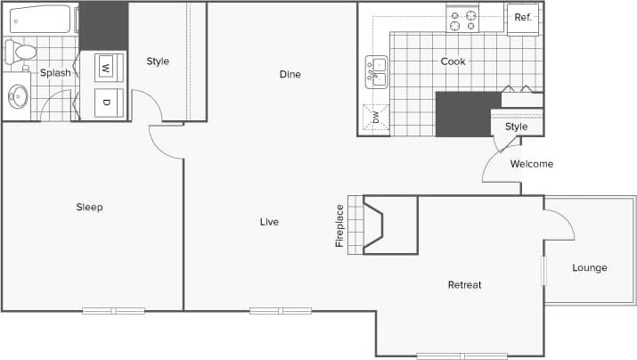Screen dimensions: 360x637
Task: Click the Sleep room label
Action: pos(89,208)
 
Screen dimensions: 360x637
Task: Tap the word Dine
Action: pos(289,74)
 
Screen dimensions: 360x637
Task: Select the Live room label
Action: pos(269,222)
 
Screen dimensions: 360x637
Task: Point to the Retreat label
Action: pos(464,285)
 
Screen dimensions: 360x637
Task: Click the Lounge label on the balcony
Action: pos(590,268)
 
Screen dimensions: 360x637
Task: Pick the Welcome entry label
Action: pos(532,164)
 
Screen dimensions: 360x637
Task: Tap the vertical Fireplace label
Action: pos(339,226)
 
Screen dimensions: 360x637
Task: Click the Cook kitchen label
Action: pos(453,61)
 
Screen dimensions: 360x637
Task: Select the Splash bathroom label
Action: pos(55,73)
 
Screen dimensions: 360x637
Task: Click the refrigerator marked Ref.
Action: pos(523,19)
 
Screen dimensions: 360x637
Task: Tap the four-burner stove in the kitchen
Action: pos(462,19)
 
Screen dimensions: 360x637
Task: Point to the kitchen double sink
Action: pos(376,71)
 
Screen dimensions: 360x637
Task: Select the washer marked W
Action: pos(105,67)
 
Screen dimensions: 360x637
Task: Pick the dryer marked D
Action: pos(105,102)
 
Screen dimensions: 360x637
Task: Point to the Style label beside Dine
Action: pos(158,61)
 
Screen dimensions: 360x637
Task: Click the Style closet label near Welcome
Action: pos(517,127)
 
